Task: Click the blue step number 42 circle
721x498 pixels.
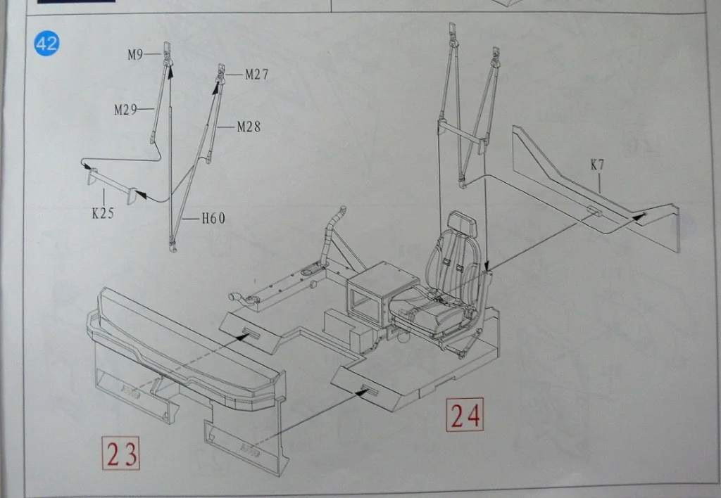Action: [x=47, y=44]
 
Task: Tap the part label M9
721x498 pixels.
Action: [x=135, y=55]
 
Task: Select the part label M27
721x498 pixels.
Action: [x=256, y=74]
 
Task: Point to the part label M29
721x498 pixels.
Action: [x=125, y=109]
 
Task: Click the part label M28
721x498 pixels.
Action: [x=249, y=127]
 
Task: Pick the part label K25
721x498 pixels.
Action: [x=103, y=212]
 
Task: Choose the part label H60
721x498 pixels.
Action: [x=214, y=218]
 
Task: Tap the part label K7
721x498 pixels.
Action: [x=597, y=165]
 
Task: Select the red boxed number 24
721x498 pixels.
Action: [x=465, y=414]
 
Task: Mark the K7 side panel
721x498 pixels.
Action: [x=596, y=189]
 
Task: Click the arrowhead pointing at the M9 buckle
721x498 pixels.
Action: [x=170, y=70]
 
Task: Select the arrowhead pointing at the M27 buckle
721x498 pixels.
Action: [x=215, y=87]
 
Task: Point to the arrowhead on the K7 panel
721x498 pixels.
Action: [x=639, y=216]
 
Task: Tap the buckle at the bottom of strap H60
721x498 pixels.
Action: [x=173, y=244]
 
